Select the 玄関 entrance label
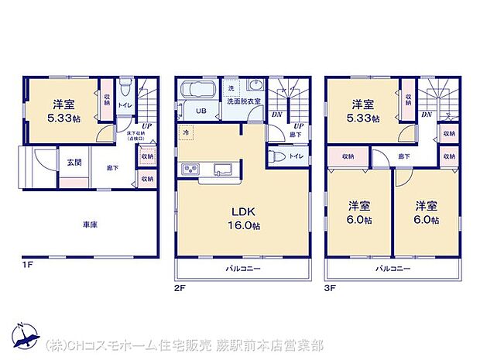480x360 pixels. [74, 162]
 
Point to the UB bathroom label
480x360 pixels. [200, 111]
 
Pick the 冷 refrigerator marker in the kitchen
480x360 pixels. [187, 132]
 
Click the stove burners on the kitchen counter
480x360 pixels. [190, 170]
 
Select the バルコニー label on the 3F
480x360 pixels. [393, 269]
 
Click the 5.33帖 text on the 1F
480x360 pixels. [63, 118]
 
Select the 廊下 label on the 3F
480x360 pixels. [403, 156]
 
